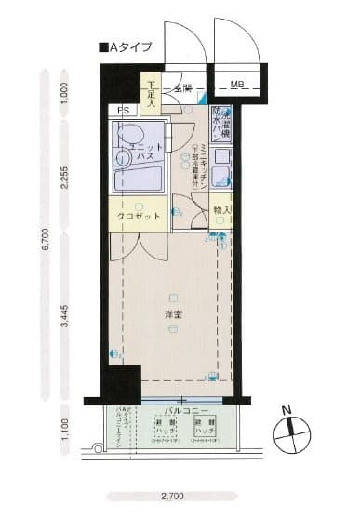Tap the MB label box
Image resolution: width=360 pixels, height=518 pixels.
tap(237, 87)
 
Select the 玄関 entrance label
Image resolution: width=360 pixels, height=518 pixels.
tap(181, 88)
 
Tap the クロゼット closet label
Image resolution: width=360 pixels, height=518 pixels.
tap(139, 215)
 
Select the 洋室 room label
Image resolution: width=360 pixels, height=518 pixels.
tap(173, 314)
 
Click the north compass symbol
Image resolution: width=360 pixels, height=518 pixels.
tap(291, 429)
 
